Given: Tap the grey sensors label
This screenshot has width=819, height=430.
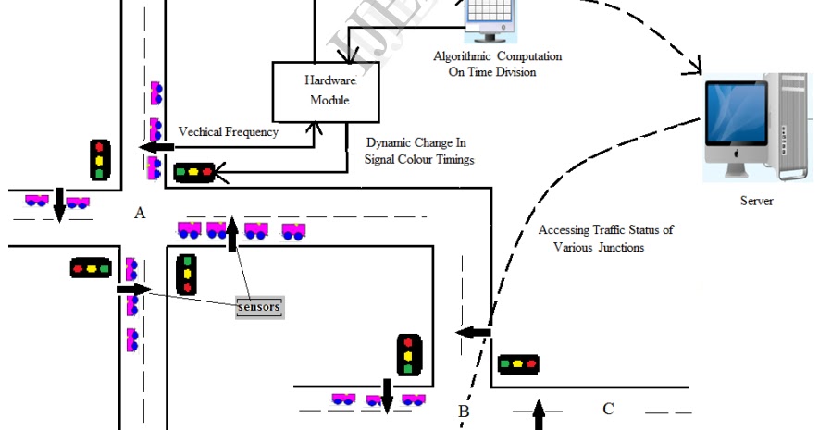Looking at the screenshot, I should [258, 306].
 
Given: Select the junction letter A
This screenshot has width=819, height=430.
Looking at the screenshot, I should [140, 214].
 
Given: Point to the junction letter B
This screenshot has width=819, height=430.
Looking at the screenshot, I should [465, 411].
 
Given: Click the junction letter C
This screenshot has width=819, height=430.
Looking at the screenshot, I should [608, 409].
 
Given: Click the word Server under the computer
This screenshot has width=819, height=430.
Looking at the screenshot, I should [756, 201].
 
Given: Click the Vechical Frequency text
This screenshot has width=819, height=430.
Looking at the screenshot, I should [228, 132].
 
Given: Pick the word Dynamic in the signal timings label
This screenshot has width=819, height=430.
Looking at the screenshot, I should [388, 143].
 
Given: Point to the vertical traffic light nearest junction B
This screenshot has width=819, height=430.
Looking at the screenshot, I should [409, 355].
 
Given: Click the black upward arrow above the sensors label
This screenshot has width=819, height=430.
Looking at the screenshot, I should [231, 232].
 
